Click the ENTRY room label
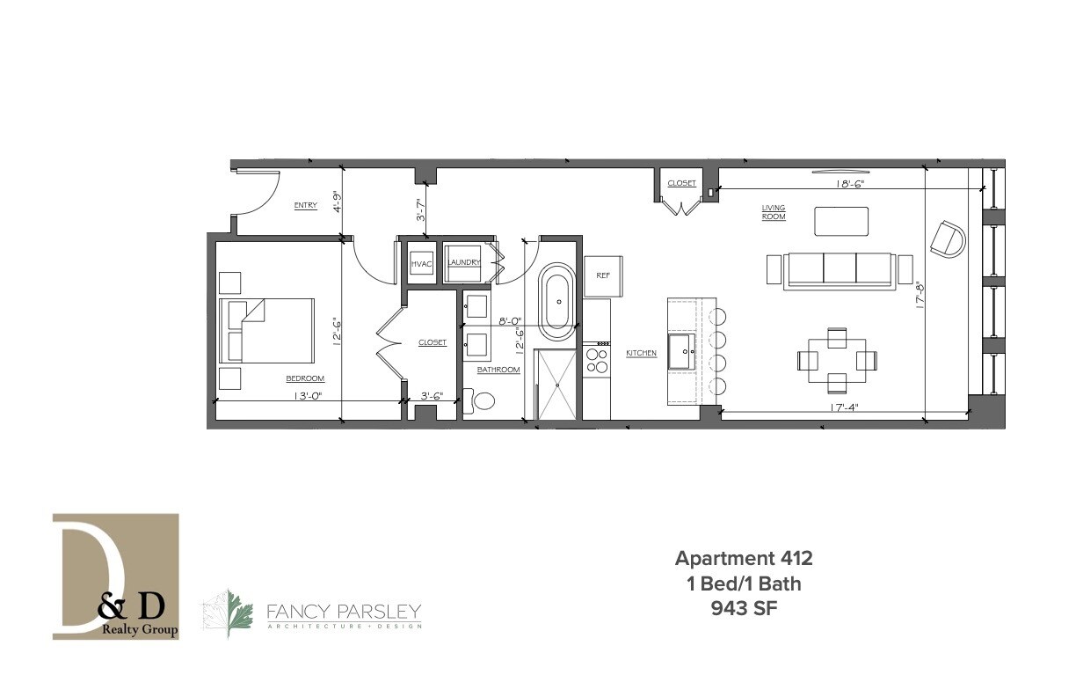click(305, 206)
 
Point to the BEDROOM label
click(304, 378)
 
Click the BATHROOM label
click(498, 371)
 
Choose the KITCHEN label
click(641, 353)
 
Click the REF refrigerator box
click(603, 275)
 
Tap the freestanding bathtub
click(556, 301)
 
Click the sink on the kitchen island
click(683, 351)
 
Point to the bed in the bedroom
click(267, 330)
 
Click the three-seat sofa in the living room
click(839, 269)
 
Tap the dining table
click(836, 360)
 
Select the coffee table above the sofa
click(840, 221)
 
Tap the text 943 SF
click(743, 606)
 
